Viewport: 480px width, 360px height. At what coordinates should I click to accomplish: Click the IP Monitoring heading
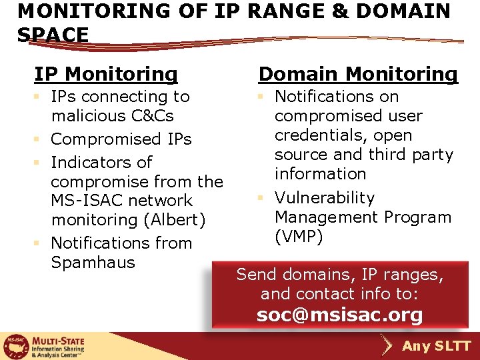106,74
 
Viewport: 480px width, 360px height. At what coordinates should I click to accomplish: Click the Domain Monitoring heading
358,74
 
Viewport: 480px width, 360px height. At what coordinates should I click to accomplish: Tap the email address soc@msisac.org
340,315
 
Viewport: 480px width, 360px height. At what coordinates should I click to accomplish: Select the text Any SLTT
437,347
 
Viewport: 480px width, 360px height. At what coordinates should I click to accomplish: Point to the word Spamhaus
93,263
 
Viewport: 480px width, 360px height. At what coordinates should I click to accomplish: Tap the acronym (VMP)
299,237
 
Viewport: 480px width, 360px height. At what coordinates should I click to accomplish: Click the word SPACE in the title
53,35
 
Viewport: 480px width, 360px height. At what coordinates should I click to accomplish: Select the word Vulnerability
325,198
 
